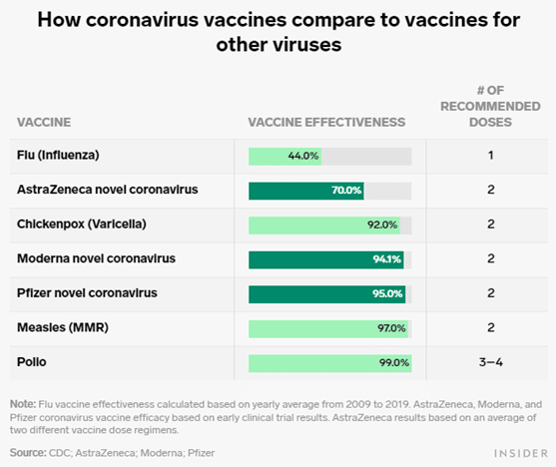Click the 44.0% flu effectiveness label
point(303,156)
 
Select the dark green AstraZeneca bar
point(306,191)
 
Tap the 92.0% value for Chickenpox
point(382,225)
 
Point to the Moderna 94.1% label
point(387,259)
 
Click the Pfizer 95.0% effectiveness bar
point(327,294)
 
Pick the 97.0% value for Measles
point(391,328)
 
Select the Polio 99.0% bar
point(330,363)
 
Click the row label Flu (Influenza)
point(58,156)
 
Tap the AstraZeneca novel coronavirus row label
point(108,190)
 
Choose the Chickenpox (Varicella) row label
point(82,225)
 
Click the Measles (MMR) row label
point(63,327)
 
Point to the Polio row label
point(32,362)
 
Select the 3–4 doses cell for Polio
point(491,362)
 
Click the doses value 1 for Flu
point(491,156)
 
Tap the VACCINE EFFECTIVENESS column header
point(326,123)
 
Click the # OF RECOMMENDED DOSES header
point(490,107)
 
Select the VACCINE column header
point(44,123)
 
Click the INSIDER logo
point(521,453)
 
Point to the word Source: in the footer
point(28,453)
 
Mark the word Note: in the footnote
point(23,404)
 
